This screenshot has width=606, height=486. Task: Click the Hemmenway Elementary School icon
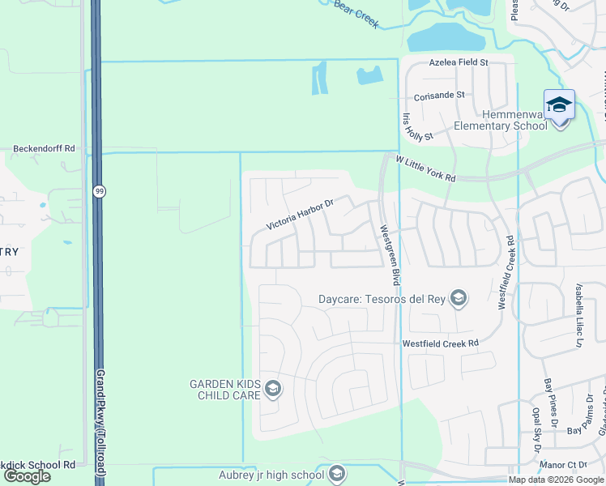(x=559, y=106)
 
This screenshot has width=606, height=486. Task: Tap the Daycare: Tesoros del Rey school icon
(x=459, y=299)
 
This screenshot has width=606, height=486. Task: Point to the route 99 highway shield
(x=99, y=191)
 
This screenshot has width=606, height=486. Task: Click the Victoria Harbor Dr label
(x=301, y=215)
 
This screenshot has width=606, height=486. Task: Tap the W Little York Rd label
(x=425, y=169)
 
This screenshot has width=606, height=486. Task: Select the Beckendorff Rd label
(x=44, y=149)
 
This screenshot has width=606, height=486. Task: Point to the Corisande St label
(x=438, y=94)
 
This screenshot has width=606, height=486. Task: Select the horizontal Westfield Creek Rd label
(x=441, y=343)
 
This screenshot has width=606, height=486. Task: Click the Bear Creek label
(x=356, y=14)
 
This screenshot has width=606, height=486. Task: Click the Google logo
(x=27, y=476)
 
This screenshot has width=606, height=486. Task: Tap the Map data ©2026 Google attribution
(x=557, y=480)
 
